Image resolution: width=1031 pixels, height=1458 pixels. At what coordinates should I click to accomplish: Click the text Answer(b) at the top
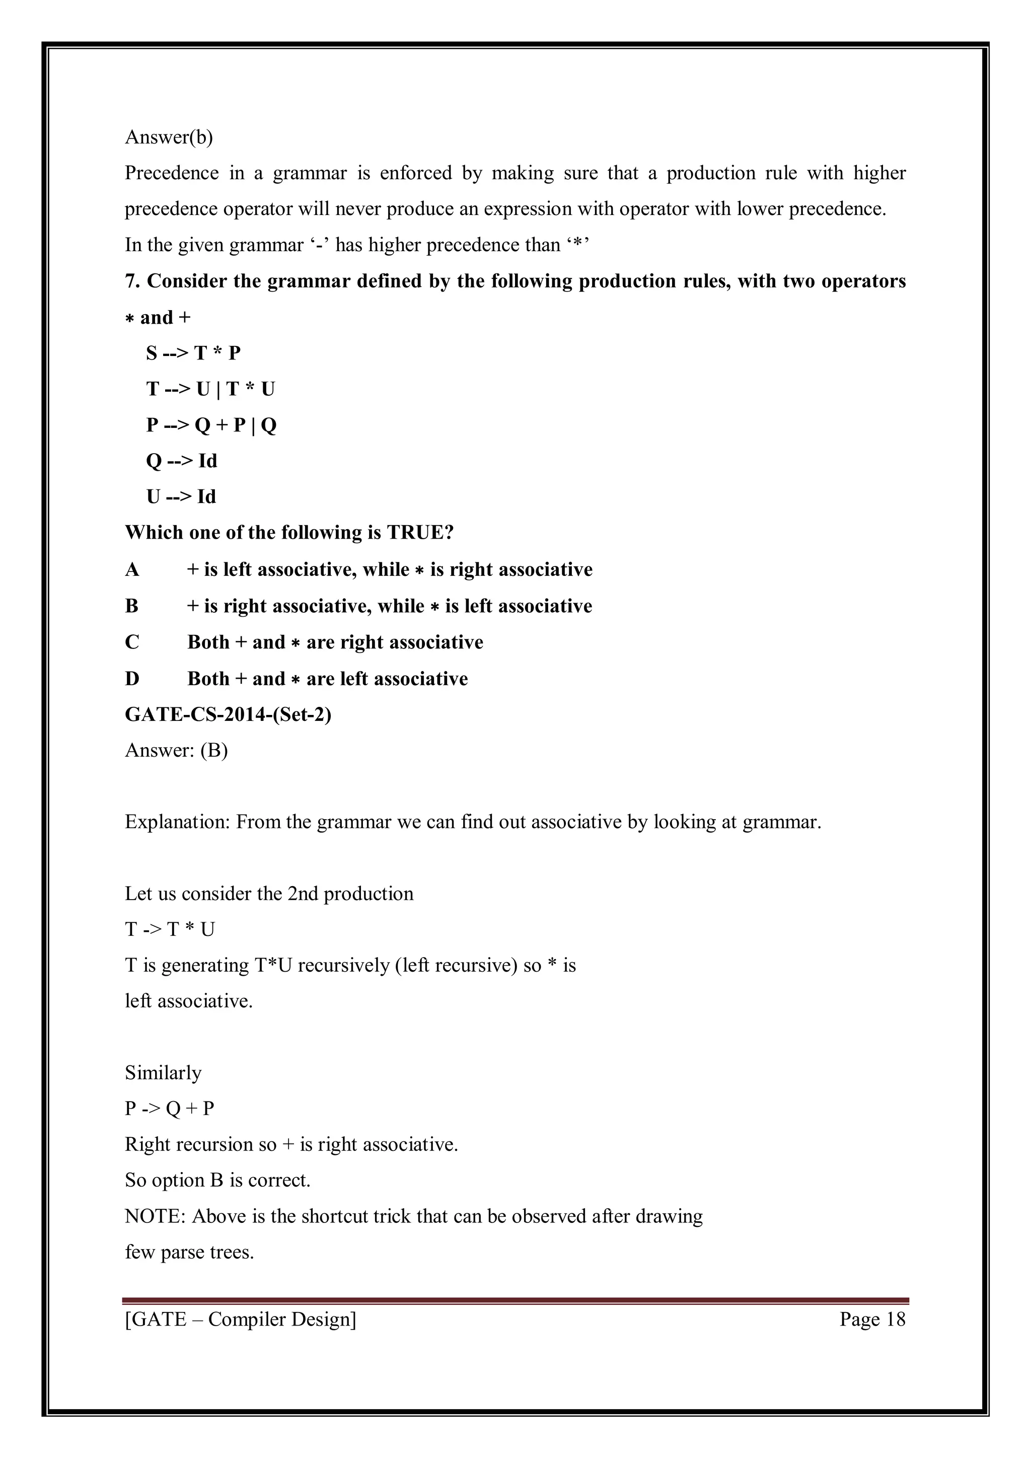[x=169, y=137]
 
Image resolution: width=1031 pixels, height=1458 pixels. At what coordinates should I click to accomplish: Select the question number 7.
[x=131, y=281]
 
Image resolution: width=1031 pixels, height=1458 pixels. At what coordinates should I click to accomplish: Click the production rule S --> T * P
[x=193, y=353]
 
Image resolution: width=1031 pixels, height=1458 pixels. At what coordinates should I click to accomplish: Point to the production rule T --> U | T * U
[x=210, y=389]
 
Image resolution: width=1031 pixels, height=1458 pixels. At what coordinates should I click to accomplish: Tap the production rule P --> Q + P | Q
[x=211, y=425]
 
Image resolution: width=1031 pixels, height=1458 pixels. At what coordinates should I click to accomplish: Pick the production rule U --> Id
[x=181, y=496]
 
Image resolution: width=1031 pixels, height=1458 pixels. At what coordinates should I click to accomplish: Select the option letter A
[x=132, y=569]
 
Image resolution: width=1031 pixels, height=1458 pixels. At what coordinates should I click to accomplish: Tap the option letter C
[x=132, y=642]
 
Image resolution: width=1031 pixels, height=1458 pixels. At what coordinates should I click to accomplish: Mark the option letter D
[x=132, y=679]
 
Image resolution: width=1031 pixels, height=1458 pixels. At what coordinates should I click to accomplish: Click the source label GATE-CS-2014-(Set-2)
[x=228, y=715]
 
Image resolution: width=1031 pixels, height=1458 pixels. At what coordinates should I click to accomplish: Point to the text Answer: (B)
[x=177, y=751]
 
